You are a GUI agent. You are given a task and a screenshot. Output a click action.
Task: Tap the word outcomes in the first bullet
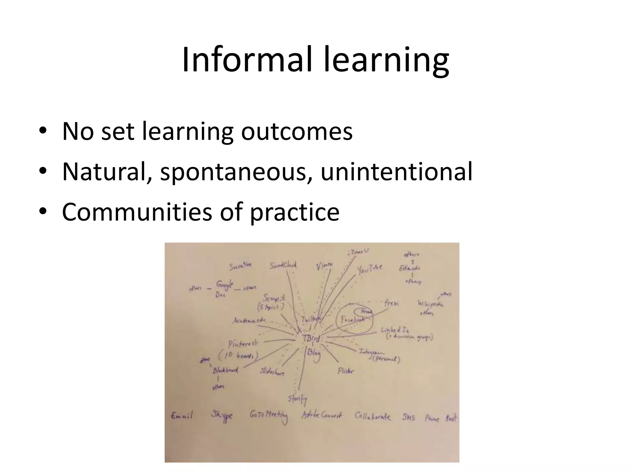296,131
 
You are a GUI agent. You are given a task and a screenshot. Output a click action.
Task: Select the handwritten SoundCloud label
283,265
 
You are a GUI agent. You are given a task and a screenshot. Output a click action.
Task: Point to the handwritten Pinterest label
243,344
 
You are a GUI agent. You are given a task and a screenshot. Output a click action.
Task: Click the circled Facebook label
352,320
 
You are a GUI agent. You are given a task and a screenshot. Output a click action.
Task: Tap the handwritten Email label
182,416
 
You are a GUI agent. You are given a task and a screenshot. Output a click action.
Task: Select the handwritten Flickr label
346,371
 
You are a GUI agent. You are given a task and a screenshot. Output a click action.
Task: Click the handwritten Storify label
298,399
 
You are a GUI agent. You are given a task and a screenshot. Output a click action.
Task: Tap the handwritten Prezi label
391,303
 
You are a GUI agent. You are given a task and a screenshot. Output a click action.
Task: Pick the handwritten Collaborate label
372,416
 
